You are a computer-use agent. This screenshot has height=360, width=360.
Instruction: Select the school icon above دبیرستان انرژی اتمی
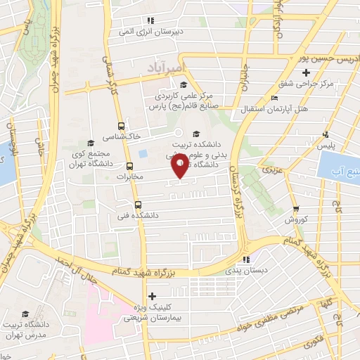[150, 20]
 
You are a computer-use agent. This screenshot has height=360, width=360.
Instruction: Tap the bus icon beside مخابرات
[129, 167]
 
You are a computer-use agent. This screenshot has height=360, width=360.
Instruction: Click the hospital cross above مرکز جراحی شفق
[305, 72]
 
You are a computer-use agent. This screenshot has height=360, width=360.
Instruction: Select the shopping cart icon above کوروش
[295, 209]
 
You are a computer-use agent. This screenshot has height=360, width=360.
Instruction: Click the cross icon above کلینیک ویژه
[152, 295]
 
